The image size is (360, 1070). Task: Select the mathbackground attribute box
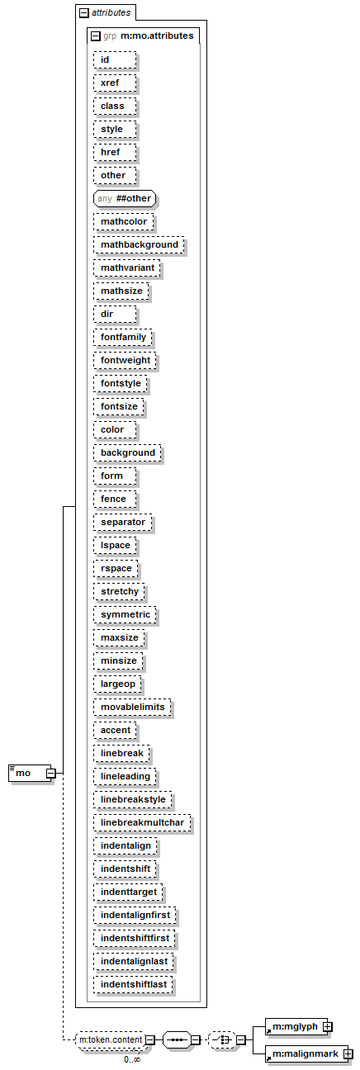pos(139,244)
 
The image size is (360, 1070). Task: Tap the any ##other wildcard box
pos(125,198)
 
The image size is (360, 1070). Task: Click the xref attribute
pos(115,83)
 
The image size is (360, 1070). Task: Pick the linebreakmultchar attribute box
pos(142,822)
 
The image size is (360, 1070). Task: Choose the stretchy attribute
pos(120,591)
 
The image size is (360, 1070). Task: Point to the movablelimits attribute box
pos(132,707)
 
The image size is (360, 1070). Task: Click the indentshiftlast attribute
pos(134,984)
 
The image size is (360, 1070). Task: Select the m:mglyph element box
pos(296,1026)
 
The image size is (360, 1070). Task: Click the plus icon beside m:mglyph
pos(328,1026)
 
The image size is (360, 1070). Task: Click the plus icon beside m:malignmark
pos(348,1053)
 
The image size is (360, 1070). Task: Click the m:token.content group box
pos(111,1040)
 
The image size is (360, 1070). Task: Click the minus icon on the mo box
pos(50,773)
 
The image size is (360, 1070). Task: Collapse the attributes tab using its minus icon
pos(84,13)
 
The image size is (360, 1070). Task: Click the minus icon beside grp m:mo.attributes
pos(96,36)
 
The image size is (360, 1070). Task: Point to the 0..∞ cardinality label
pos(132,1059)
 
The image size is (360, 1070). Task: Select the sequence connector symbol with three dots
pos(178,1040)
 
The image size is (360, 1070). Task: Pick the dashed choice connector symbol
pos(222,1040)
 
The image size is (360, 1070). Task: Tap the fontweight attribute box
pos(126,360)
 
